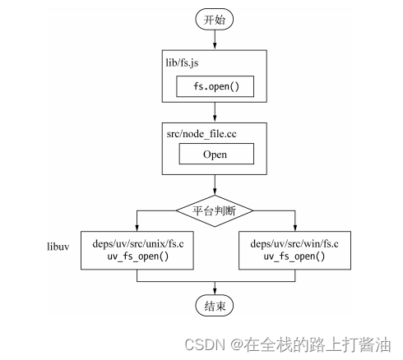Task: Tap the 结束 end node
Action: click(215, 306)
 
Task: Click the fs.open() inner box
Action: click(215, 87)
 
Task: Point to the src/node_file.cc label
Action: click(200, 132)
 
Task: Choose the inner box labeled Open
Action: click(215, 154)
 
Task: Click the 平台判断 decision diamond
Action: click(215, 210)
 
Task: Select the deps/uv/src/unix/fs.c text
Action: click(137, 243)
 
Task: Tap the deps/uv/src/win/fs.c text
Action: click(294, 243)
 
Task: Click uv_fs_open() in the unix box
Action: click(137, 256)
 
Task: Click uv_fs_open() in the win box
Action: click(294, 256)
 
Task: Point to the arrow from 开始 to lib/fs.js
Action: click(215, 39)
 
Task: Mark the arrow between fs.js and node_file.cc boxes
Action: click(215, 111)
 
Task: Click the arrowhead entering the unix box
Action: click(137, 228)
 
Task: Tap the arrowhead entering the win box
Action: click(294, 228)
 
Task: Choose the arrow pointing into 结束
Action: click(215, 288)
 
